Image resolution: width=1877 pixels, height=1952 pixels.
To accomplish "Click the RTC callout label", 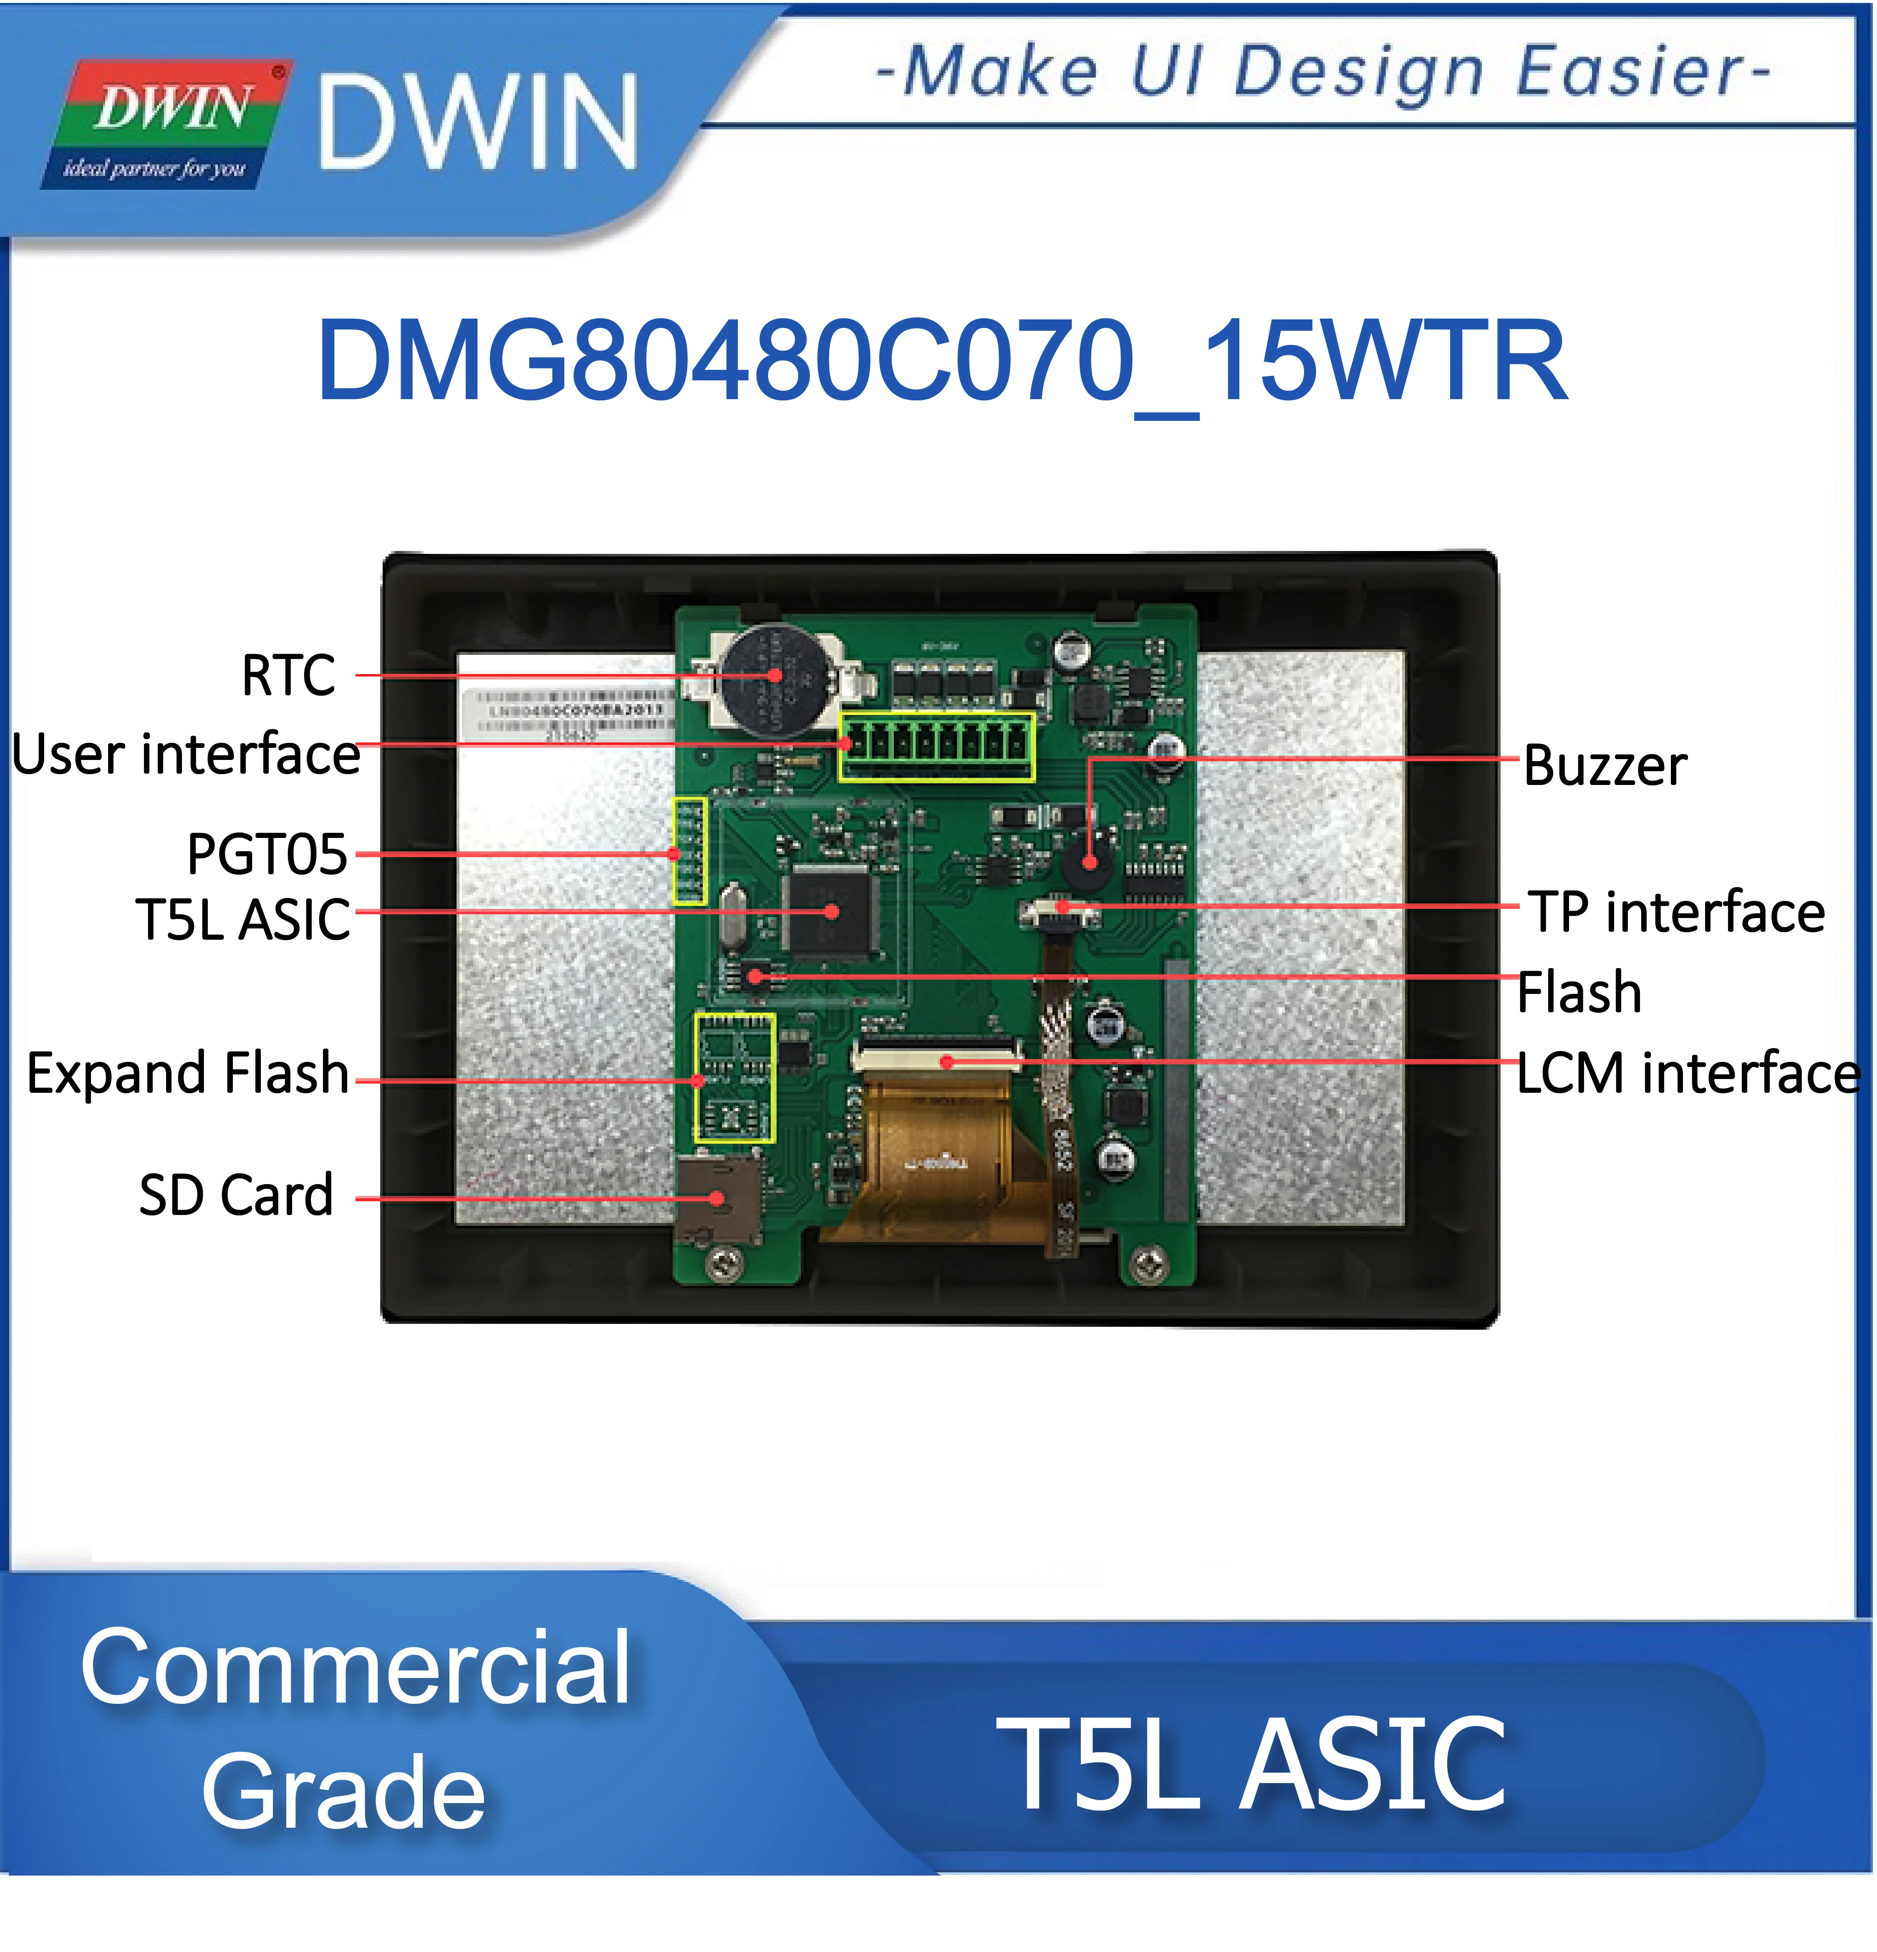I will pos(288,675).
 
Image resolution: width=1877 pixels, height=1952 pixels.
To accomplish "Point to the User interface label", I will pos(186,754).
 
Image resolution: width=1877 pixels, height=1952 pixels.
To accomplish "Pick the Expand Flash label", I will pos(187,1074).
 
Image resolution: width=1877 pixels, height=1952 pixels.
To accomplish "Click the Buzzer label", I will pos(1604,766).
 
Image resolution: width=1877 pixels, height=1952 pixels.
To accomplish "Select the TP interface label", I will pos(1677,912).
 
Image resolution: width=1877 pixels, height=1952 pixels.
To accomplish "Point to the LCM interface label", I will pos(1687,1074).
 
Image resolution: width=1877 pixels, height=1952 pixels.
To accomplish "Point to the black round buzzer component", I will pos(1088,863).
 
